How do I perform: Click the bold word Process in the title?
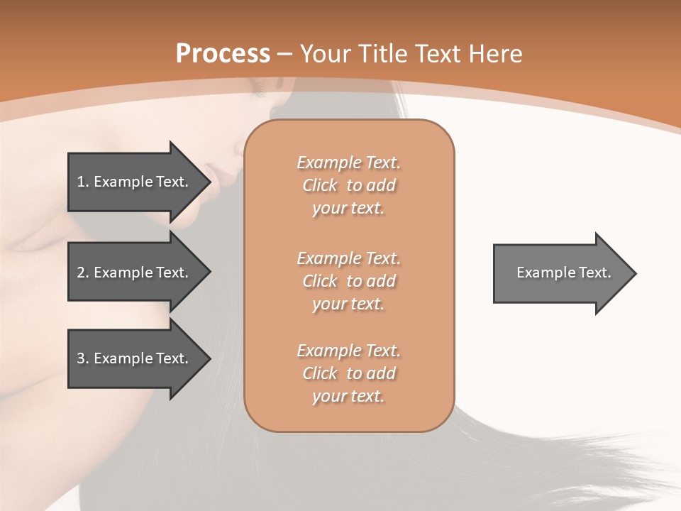(223, 54)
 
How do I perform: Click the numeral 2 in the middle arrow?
(81, 273)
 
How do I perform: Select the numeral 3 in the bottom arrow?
(81, 358)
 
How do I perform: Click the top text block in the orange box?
(348, 185)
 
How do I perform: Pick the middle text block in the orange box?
(348, 281)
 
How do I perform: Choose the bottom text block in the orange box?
(348, 373)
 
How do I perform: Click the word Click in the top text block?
(320, 185)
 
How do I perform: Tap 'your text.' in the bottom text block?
(348, 396)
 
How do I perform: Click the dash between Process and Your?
(285, 55)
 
